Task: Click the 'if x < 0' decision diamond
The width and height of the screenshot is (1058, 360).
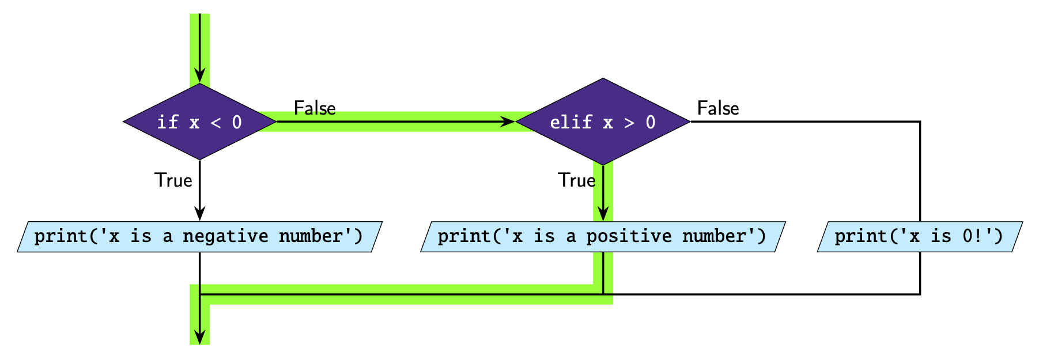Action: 199,122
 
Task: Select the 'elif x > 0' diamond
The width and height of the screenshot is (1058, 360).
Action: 603,122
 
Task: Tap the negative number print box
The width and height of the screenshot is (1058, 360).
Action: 199,237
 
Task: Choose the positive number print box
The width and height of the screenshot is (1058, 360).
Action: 603,237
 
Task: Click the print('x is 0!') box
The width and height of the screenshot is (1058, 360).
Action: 920,237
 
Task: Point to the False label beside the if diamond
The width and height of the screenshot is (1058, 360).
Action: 315,108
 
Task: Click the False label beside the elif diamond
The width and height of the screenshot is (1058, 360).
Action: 718,108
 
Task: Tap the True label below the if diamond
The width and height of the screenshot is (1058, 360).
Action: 173,180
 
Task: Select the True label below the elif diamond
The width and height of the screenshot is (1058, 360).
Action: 576,180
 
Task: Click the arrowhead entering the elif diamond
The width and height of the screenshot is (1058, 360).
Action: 508,122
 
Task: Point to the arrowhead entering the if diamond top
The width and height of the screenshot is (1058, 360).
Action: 199,76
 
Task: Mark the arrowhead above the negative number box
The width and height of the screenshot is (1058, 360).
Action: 199,214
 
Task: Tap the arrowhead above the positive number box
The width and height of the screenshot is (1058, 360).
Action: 603,214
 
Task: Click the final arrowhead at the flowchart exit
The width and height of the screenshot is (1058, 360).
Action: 199,338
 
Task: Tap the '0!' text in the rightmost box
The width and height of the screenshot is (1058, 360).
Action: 972,237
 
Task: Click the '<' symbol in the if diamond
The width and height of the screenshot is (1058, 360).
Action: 216,122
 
